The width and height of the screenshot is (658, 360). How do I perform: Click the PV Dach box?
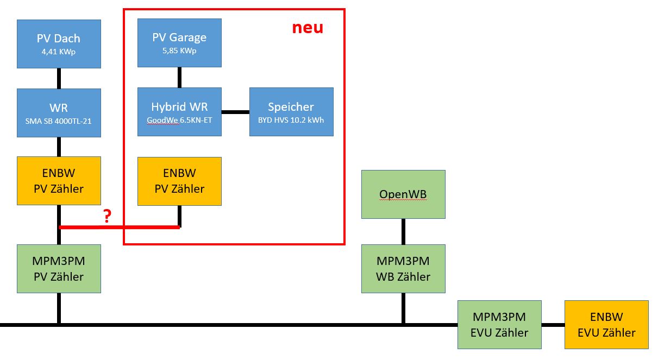point(59,43)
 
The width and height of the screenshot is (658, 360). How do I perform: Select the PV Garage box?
point(179,42)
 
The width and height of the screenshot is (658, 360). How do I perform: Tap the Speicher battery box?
point(291,111)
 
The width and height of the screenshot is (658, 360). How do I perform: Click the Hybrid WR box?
point(179,111)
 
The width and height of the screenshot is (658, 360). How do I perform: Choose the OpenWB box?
point(403,194)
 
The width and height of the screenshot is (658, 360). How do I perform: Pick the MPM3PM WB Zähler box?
point(403,268)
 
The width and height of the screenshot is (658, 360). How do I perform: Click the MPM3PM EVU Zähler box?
point(499,324)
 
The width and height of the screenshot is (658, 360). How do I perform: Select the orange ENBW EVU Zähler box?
point(606,324)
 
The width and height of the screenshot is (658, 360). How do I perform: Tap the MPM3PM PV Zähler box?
point(59,268)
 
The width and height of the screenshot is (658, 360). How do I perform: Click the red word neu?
point(308,28)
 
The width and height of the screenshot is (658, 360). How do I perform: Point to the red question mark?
point(107,217)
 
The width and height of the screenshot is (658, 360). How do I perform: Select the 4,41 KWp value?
point(59,52)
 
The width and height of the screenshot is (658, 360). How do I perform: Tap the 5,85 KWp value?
point(179,50)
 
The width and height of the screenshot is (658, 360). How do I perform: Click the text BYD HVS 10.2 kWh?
point(291,119)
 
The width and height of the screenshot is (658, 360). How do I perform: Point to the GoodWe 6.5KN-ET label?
point(179,119)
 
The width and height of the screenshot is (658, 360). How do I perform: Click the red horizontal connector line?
point(120,227)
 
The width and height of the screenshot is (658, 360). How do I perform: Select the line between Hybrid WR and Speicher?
point(235,112)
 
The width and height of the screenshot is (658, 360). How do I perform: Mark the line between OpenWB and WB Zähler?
point(403,231)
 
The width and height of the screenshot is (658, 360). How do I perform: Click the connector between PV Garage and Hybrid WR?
point(179,77)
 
